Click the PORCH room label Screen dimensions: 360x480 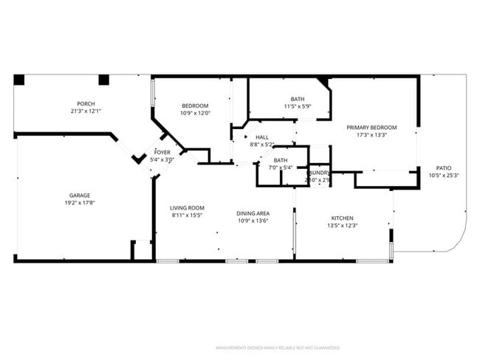[86, 103]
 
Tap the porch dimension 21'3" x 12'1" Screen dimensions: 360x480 [86, 111]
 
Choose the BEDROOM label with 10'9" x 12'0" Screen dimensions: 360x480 [196, 105]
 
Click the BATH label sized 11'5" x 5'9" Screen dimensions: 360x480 [297, 99]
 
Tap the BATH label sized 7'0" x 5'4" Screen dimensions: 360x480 [281, 159]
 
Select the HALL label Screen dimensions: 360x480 [262, 137]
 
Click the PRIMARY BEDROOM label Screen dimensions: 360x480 [372, 127]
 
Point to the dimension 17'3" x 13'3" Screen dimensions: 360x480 [372, 135]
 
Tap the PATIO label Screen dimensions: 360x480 [444, 167]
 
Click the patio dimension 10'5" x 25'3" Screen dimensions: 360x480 [444, 176]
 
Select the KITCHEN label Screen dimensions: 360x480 [342, 218]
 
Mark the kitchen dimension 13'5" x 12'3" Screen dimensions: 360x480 [342, 226]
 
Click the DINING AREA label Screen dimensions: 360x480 [253, 212]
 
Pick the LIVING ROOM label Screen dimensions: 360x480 [187, 208]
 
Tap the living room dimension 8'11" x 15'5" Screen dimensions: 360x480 [187, 216]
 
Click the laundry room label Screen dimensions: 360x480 [319, 173]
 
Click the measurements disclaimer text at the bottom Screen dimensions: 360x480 [278, 347]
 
